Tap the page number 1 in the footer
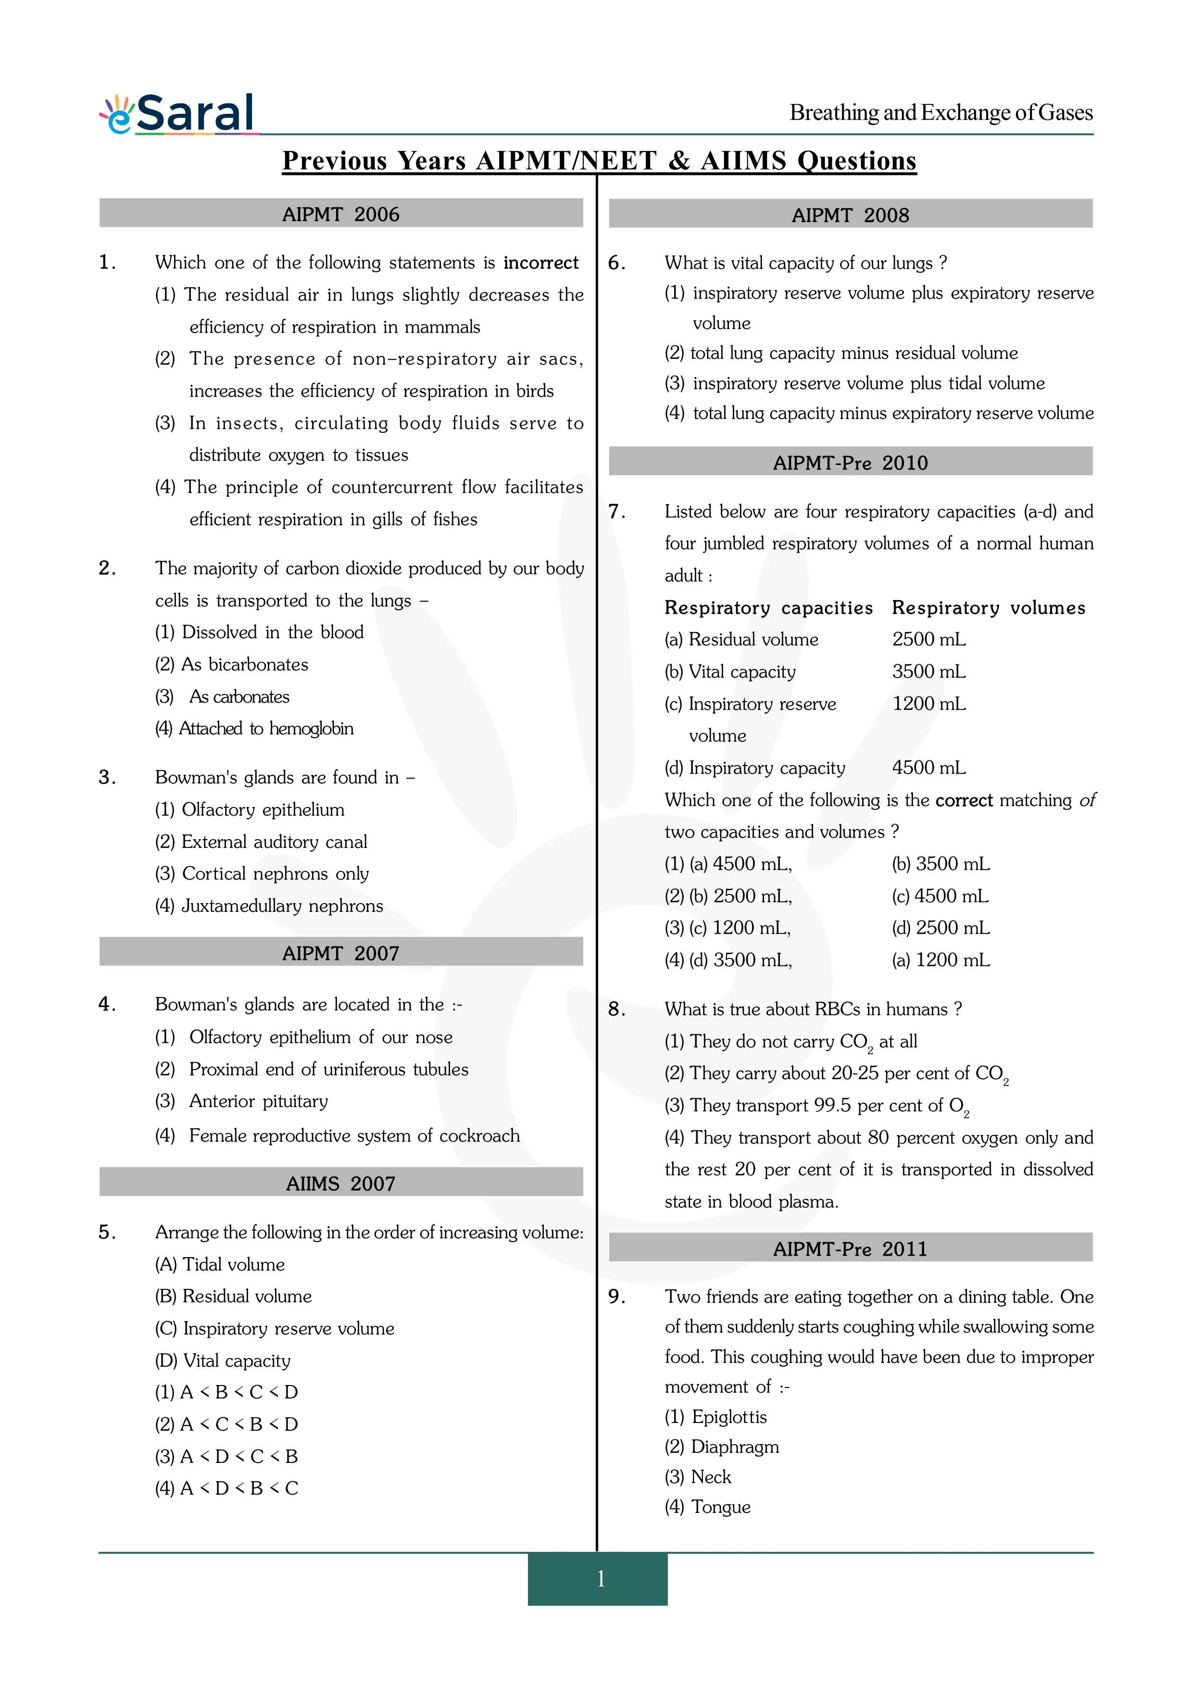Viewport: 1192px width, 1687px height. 600,1578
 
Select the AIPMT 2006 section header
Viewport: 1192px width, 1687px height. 341,214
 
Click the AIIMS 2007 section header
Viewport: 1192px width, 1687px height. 341,1183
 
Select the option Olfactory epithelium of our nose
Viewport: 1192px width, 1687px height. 320,1037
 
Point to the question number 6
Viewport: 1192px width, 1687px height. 616,263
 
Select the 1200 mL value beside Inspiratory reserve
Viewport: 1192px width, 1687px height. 929,704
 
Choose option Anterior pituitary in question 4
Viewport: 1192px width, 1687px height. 259,1101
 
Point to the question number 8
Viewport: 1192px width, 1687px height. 616,1009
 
